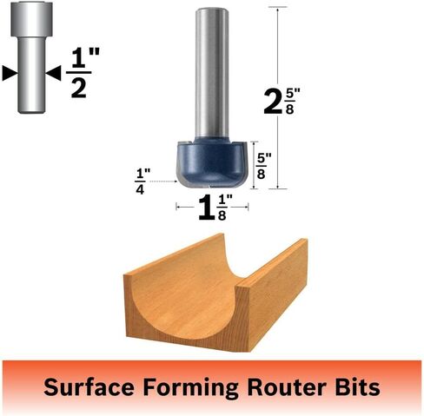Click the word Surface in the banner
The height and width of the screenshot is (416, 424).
pyautogui.click(x=89, y=386)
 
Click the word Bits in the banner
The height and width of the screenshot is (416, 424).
pyautogui.click(x=357, y=386)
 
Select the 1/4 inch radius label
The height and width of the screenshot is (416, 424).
pyautogui.click(x=142, y=182)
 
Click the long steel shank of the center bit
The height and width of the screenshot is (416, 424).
pyautogui.click(x=212, y=73)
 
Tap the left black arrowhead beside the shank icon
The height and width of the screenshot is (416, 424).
pyautogui.click(x=10, y=73)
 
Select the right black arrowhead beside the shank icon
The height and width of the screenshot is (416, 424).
pyautogui.click(x=53, y=73)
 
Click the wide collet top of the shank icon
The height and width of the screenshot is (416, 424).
pyautogui.click(x=31, y=19)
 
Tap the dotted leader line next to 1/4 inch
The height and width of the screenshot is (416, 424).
pyautogui.click(x=164, y=182)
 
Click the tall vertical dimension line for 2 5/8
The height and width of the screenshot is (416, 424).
pyautogui.click(x=278, y=98)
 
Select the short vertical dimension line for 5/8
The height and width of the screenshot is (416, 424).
pyautogui.click(x=254, y=165)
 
